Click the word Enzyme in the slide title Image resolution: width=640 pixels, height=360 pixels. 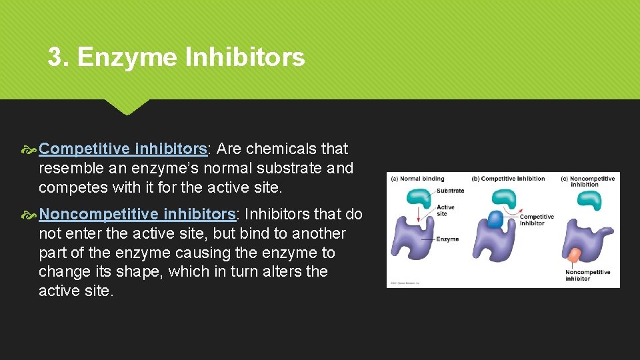127,57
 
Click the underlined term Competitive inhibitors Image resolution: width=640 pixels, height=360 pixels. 123,149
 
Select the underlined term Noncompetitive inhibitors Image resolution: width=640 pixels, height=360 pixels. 138,214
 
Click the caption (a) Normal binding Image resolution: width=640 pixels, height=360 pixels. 417,179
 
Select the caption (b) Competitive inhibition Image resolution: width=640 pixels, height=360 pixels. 508,179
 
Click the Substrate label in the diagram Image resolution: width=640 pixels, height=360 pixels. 451,191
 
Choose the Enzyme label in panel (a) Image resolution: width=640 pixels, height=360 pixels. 448,239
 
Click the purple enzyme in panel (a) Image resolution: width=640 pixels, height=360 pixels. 413,240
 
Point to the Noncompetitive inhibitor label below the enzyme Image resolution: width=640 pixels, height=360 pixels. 587,275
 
